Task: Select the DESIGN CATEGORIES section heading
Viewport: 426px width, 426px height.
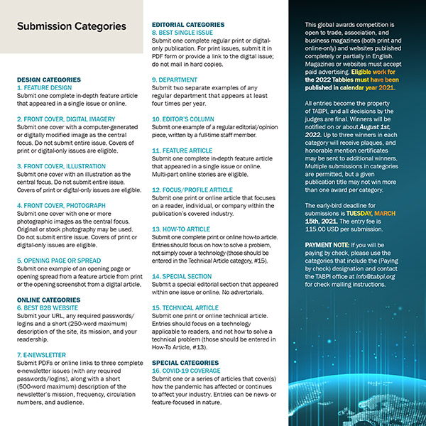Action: [48, 80]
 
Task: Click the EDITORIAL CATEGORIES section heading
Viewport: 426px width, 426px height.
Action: [188, 24]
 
